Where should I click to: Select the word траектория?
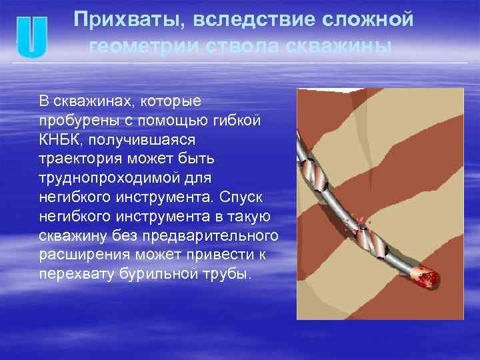[x=78, y=160]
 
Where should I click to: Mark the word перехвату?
[x=73, y=275]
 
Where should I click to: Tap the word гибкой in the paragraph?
[x=239, y=121]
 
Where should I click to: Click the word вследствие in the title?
[x=243, y=20]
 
